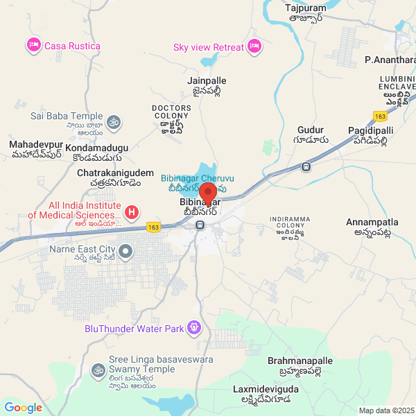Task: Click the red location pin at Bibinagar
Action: [x=207, y=193]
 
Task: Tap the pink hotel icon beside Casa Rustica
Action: [x=33, y=46]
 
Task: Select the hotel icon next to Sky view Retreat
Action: [x=254, y=46]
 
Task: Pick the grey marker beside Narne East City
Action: [x=125, y=251]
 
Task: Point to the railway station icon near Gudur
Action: [x=306, y=166]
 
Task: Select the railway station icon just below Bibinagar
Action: [x=200, y=225]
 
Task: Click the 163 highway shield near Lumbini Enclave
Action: [x=379, y=116]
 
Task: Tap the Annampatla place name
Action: [x=372, y=223]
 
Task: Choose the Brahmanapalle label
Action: [x=300, y=361]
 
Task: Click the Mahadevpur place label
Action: [x=36, y=144]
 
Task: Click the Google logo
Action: [x=23, y=408]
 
